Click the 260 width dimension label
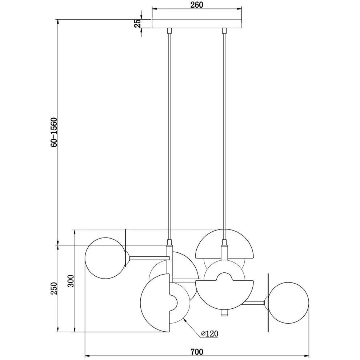coord(196,5)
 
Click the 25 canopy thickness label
coord(137,24)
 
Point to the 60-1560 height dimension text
coord(54,132)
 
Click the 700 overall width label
coord(196,352)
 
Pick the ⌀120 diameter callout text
coord(209,333)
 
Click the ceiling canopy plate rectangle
coord(196,24)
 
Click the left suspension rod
coord(169,135)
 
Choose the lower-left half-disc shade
coord(155,303)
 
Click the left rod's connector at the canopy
coord(169,31)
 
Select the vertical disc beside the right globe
coord(268,302)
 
